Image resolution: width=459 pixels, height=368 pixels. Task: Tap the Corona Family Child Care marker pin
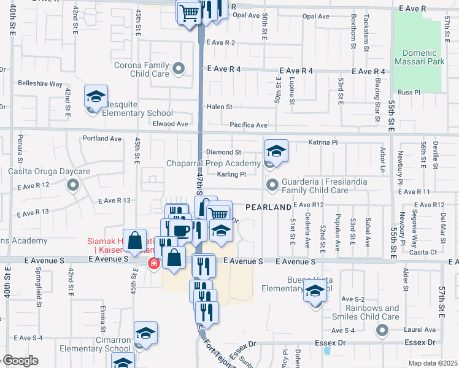[x=179, y=69]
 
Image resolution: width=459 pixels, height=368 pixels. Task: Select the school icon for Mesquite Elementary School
[x=96, y=96]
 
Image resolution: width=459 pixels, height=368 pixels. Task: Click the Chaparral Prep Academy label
[x=214, y=164]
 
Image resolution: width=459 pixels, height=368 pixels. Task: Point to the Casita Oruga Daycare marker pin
[x=74, y=184]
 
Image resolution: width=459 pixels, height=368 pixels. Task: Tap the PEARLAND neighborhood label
[x=268, y=208]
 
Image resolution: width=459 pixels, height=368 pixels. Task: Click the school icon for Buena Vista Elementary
[x=315, y=292]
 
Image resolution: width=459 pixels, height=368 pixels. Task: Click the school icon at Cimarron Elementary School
[x=146, y=334]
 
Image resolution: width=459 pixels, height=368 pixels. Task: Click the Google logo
[x=20, y=361]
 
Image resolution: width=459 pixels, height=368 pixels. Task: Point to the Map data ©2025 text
[x=432, y=363]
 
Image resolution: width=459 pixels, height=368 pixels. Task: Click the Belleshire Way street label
[x=40, y=83]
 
